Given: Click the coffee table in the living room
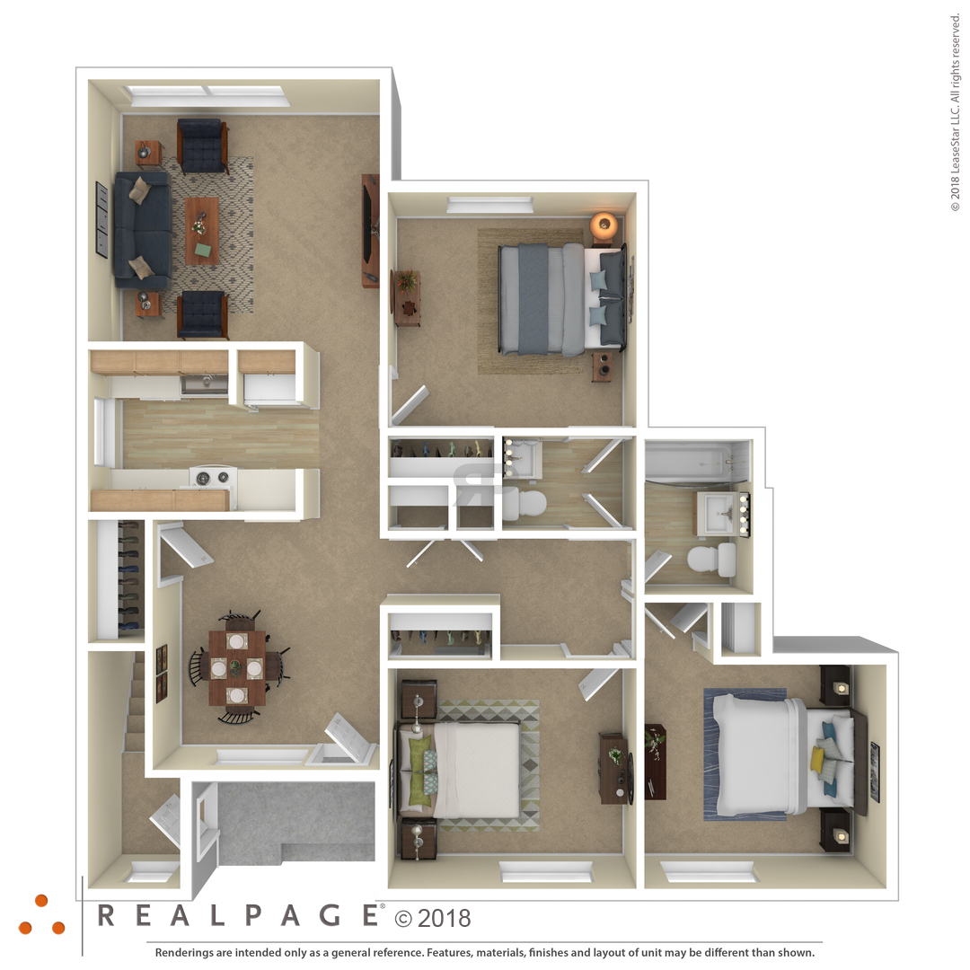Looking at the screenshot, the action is (x=202, y=230).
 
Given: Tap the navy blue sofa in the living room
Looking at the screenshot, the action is (x=142, y=230).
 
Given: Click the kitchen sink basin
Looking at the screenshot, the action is (x=204, y=384).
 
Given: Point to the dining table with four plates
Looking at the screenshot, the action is (x=237, y=668).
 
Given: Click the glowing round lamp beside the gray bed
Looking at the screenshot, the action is (x=604, y=224).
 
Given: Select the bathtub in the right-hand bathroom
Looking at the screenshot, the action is (x=696, y=461).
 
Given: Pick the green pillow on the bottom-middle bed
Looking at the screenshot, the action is (x=420, y=771).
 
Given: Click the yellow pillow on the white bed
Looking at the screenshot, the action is (x=818, y=760).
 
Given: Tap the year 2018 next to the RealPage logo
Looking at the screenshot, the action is (x=445, y=919).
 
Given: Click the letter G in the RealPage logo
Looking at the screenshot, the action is (x=331, y=915).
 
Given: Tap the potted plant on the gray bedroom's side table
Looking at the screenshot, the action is (x=407, y=281).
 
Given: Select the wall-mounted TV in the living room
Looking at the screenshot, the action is (x=369, y=230).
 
